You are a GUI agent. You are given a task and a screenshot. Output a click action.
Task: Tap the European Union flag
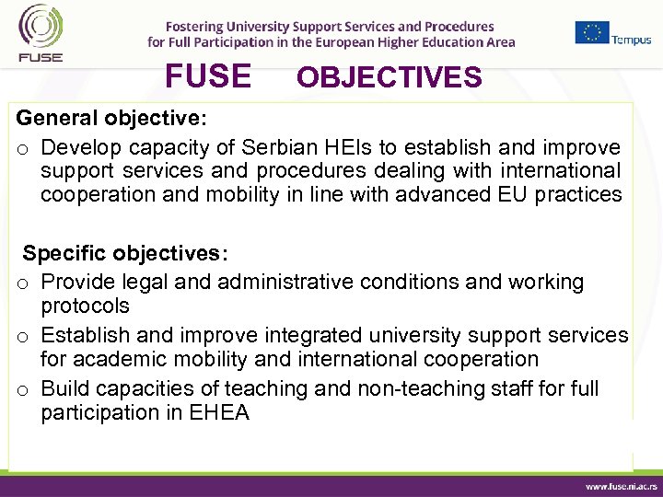(x=592, y=32)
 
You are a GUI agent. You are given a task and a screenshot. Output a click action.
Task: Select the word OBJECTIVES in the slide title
(x=389, y=78)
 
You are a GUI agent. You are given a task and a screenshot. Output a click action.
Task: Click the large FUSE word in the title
(x=207, y=76)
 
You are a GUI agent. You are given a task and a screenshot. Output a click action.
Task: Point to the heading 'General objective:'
(x=111, y=120)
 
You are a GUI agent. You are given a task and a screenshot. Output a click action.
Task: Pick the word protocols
(x=85, y=306)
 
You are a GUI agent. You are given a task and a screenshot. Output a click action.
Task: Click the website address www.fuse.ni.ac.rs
(x=619, y=484)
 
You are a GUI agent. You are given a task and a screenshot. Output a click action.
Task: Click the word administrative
(x=296, y=282)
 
